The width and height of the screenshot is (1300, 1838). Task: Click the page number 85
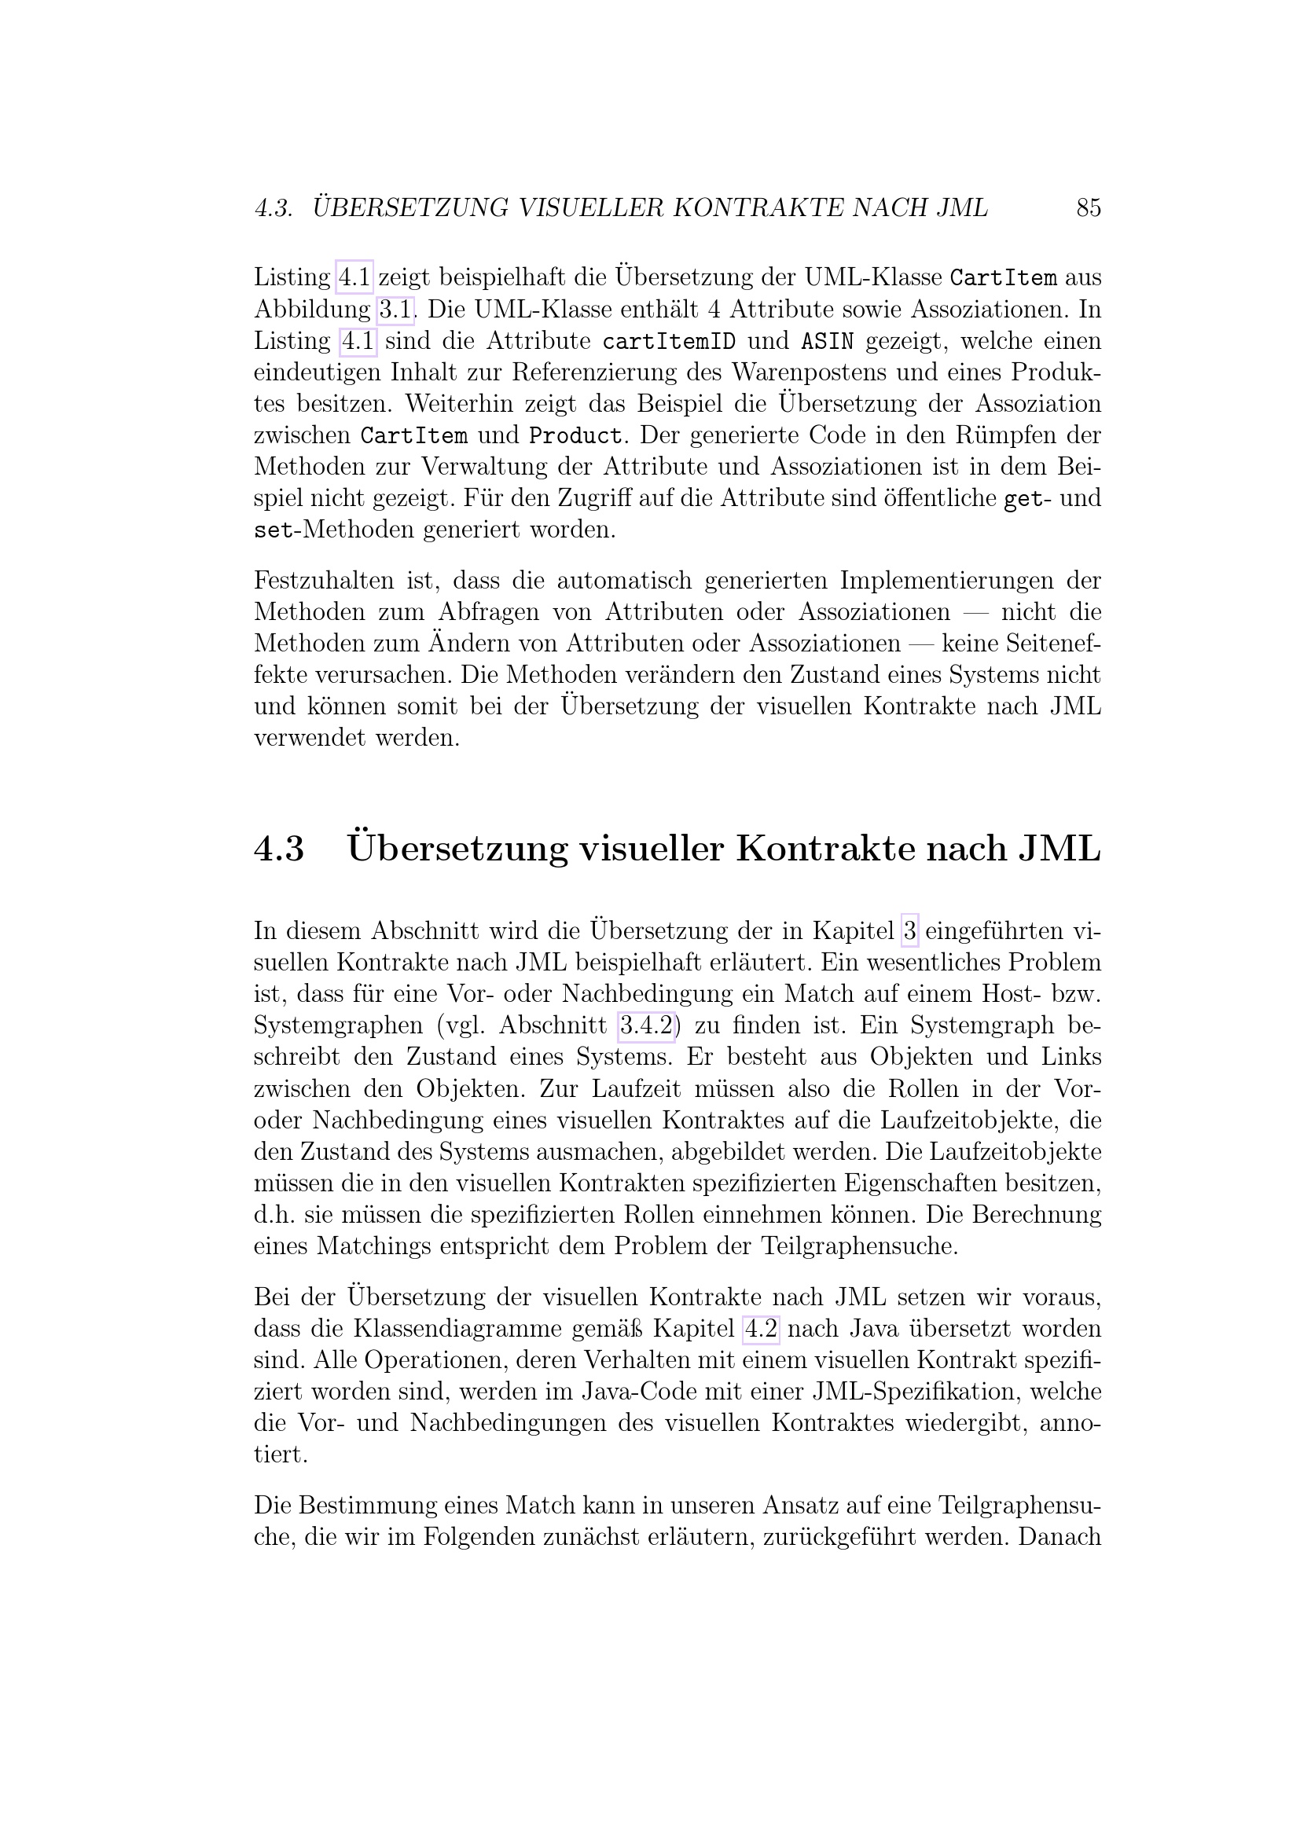tap(1089, 208)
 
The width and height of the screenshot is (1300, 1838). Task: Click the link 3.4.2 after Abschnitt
tap(647, 1026)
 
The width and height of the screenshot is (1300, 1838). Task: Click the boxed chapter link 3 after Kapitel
tap(909, 932)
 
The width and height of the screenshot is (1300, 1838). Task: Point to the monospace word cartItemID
tap(668, 342)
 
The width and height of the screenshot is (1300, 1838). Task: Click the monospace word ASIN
tap(827, 342)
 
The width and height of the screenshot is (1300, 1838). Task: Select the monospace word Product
tap(575, 436)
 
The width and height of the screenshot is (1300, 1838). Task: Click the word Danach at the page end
tap(1059, 1538)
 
